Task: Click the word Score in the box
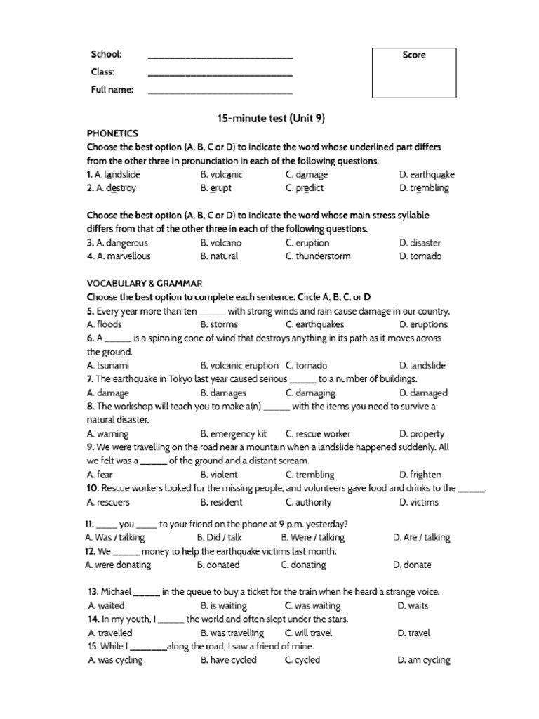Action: (x=413, y=55)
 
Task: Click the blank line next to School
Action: (x=220, y=56)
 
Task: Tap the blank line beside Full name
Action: (x=220, y=91)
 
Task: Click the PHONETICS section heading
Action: (x=112, y=133)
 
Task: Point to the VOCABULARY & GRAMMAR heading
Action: (x=144, y=283)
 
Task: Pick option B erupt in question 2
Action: (x=215, y=188)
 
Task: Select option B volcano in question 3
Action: (x=222, y=243)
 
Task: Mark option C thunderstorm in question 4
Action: (x=318, y=256)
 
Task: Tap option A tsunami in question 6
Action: (x=108, y=365)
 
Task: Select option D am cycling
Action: (x=423, y=660)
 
